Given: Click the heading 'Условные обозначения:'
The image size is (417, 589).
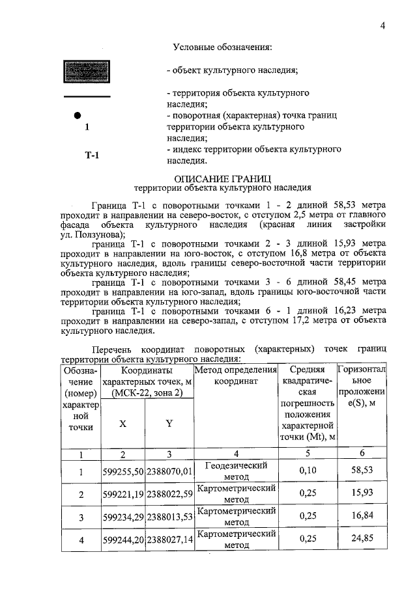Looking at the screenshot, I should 222,47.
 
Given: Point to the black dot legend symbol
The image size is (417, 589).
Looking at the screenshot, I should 77,115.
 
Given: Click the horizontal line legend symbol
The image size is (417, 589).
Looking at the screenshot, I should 87,97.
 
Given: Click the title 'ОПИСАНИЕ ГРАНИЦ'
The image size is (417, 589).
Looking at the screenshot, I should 223,178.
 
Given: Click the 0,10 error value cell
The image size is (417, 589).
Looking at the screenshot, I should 308,471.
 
